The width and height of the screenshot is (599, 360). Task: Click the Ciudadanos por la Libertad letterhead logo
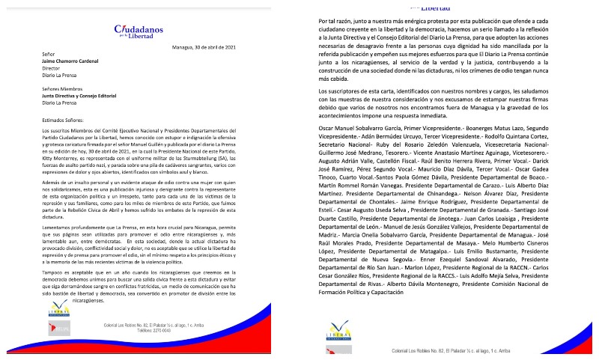139,31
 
